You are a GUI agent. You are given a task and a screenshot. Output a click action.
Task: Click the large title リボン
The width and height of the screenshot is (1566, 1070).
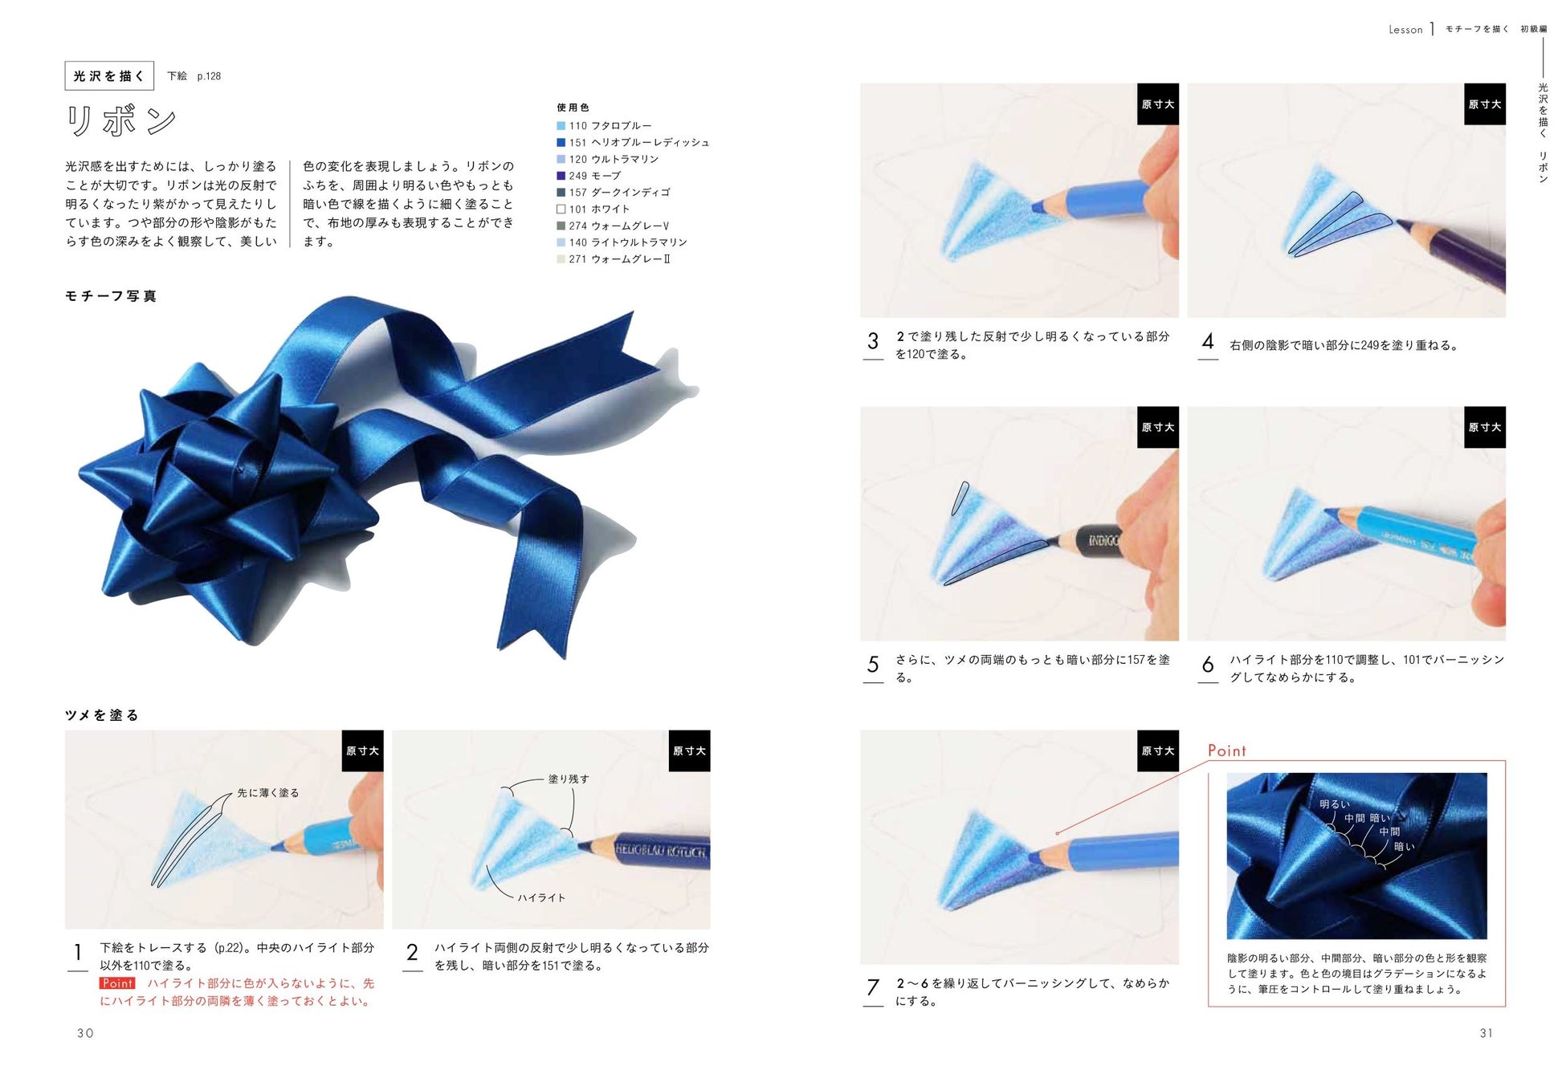point(120,120)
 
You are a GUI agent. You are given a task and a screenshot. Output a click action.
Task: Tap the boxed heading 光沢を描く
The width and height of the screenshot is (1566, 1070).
point(108,76)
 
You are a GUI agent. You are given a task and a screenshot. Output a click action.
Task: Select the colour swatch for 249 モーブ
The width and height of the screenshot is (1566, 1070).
point(561,176)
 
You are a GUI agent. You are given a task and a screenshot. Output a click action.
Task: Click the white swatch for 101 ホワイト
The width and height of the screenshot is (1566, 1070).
point(561,209)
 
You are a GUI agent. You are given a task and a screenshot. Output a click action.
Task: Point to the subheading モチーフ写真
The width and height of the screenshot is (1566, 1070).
point(111,296)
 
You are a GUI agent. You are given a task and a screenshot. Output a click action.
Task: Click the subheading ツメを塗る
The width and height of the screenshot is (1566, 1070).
point(102,715)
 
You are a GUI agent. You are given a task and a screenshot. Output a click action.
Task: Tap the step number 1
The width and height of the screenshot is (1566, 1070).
point(78,953)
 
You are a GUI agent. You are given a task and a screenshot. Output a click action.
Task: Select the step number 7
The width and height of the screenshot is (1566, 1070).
point(873,987)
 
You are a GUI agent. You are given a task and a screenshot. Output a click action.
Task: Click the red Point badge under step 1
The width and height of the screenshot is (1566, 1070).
point(117,983)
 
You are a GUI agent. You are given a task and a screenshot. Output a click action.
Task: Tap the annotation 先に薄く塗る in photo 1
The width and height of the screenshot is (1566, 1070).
point(268,793)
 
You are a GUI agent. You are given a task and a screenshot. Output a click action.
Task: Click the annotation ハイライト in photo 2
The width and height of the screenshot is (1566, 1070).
point(541,897)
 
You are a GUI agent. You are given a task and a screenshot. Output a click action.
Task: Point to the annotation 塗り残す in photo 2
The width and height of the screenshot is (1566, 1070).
point(569,779)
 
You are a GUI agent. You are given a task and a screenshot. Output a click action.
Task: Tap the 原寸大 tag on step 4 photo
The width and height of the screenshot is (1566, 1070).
point(1485,104)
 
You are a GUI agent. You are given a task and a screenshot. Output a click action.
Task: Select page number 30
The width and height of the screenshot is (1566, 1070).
point(85,1033)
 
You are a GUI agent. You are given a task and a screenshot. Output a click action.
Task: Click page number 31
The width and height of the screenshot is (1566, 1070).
point(1486,1033)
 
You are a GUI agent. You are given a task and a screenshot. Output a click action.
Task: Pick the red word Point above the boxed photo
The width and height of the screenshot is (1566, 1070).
point(1227,751)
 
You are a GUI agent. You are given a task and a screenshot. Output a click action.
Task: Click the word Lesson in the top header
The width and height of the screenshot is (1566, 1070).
point(1405,30)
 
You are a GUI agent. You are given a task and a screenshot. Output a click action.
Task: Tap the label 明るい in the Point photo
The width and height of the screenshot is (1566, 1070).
point(1335,804)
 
